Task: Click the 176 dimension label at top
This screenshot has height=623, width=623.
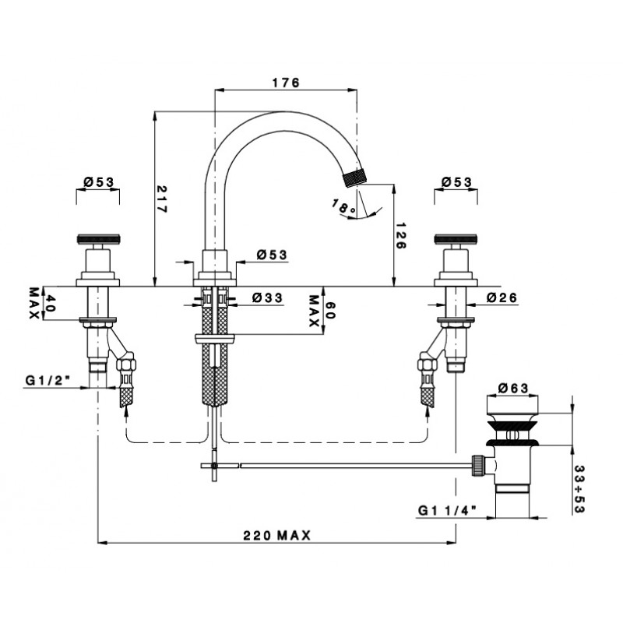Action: [x=285, y=83]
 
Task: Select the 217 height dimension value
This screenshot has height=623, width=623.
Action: [x=162, y=199]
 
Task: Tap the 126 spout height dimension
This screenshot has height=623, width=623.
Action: [x=400, y=235]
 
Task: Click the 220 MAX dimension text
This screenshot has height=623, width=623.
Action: [x=276, y=535]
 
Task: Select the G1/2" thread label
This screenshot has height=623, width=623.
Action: [x=48, y=381]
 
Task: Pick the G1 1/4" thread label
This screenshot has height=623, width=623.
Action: [x=447, y=510]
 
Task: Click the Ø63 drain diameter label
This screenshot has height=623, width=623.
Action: [x=512, y=387]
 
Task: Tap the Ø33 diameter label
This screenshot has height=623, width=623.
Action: [x=267, y=297]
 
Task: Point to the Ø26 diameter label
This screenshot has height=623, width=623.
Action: [x=502, y=297]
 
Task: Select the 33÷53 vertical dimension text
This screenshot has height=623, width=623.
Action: [x=579, y=489]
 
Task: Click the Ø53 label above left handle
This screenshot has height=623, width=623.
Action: [x=99, y=182]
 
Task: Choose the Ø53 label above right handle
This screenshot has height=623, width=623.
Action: [x=456, y=182]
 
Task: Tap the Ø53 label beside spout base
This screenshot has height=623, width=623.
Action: [x=272, y=255]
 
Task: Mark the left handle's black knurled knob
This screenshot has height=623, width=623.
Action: [x=98, y=240]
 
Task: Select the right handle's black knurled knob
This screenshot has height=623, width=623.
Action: [x=456, y=240]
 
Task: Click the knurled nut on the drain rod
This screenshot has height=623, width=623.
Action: [x=477, y=465]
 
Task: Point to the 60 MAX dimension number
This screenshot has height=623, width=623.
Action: [x=330, y=310]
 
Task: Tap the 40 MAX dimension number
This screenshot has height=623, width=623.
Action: [x=50, y=303]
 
